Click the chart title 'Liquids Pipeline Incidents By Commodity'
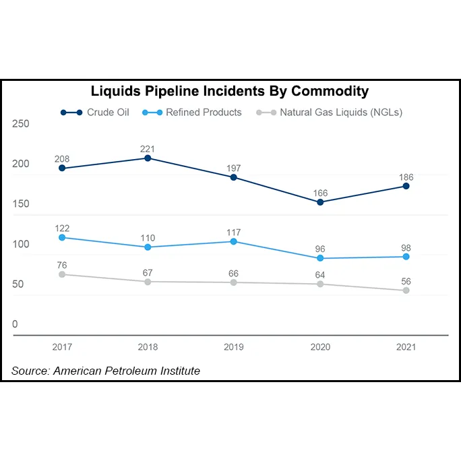230,91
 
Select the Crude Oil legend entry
94,113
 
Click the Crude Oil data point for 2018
148,158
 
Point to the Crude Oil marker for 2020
320,202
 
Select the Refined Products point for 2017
62,237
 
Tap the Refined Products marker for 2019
234,241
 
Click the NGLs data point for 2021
406,290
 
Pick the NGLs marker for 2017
62,274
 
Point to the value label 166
320,193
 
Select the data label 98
406,248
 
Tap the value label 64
320,275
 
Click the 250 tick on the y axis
21,124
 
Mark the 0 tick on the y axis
15,324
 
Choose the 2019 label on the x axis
234,347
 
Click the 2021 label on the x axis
406,347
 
